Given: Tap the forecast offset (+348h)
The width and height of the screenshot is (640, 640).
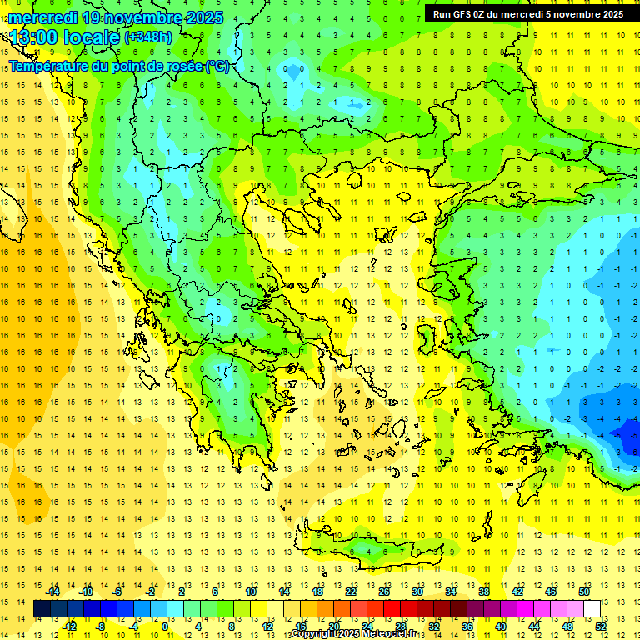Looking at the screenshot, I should pos(148,37).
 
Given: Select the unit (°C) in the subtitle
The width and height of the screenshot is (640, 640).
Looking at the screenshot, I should pos(217,67).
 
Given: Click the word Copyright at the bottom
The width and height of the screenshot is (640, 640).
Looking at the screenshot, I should pos(314,634).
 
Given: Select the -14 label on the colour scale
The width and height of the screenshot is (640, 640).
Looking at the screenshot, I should pos(54,592).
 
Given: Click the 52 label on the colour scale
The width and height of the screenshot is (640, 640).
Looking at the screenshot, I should pos(601,627).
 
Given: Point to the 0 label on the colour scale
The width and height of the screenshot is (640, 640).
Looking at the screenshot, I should pos(165,627).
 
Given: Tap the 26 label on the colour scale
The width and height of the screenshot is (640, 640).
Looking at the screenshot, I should pos(384,592).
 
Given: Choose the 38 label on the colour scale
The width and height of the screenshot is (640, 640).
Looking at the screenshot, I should pos(484,592).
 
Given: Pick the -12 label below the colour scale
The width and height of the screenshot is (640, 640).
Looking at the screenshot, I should pos(70,627).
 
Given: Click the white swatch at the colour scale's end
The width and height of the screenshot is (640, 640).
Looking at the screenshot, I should pos(592,609).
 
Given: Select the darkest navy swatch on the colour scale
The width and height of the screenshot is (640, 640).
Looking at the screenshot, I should pos(42,609).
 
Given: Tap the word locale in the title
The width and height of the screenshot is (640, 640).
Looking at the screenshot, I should pos(93,37).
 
